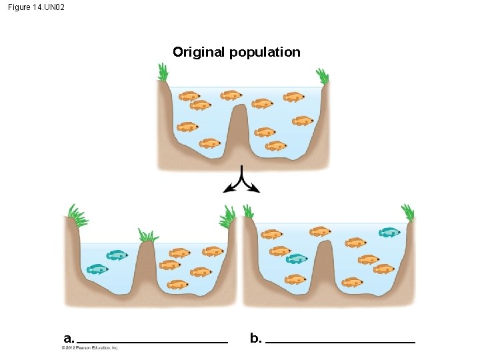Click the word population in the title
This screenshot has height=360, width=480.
click(265, 53)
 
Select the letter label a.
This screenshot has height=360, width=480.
click(69, 338)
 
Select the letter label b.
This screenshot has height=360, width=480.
click(255, 338)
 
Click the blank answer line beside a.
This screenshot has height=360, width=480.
click(152, 342)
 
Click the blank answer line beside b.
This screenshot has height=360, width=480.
click(340, 342)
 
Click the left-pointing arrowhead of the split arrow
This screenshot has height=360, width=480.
click(229, 190)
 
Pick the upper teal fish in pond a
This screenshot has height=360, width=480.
click(117, 255)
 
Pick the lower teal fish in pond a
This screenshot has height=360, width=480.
click(97, 269)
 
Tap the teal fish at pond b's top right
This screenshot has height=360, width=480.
click(389, 233)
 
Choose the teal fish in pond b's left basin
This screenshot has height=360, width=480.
click(296, 259)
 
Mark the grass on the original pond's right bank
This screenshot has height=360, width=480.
click(323, 75)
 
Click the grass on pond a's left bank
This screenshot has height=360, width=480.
click(77, 216)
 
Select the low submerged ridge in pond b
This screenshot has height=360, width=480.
click(324, 263)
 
